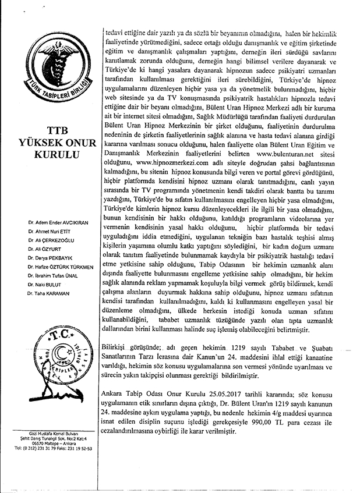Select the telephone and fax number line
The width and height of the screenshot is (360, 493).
click(54, 449)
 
